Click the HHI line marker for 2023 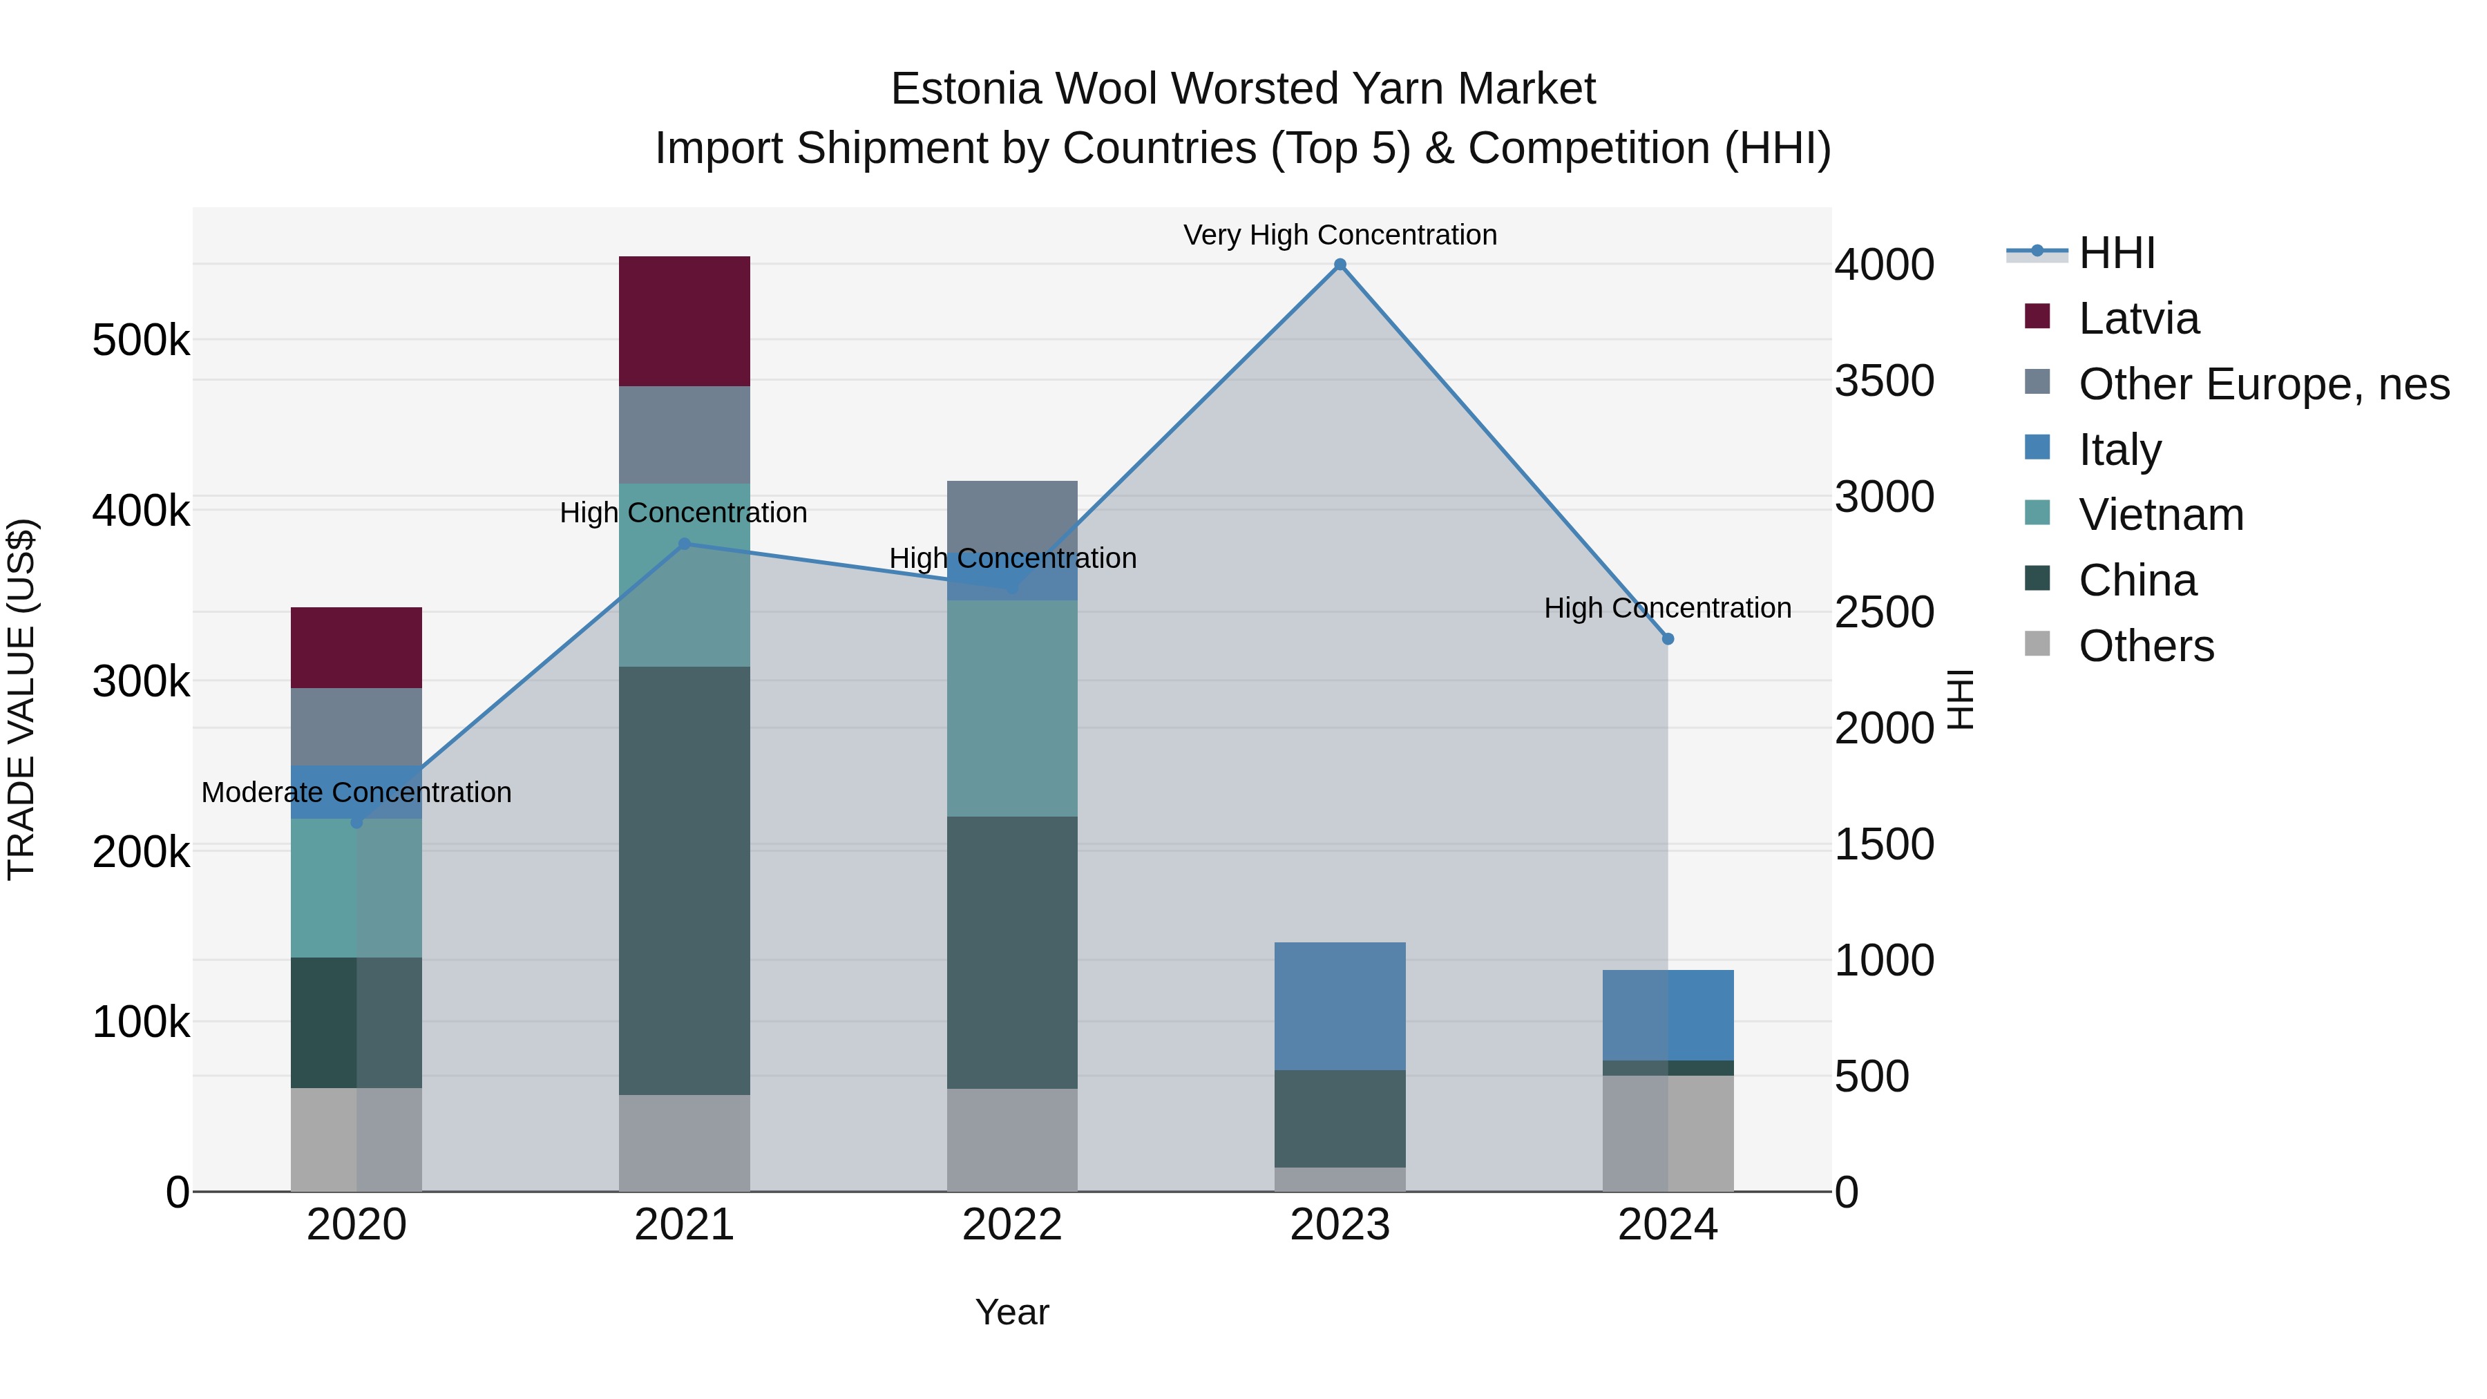tap(1340, 265)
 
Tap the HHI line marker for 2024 tap(1668, 639)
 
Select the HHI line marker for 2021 tap(685, 544)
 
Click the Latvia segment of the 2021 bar tap(685, 321)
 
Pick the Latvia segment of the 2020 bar tap(356, 648)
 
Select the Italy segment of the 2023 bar tap(1340, 1006)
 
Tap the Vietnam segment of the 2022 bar tap(1012, 709)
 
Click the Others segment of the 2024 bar tap(1668, 1134)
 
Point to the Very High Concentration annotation tap(1340, 235)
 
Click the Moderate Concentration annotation tap(356, 792)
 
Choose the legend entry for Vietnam tap(2161, 515)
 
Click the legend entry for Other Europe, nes tap(2263, 384)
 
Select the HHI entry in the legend tap(2116, 253)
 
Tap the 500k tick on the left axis tap(141, 340)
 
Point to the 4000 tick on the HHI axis tap(1884, 265)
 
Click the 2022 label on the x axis tap(1012, 1225)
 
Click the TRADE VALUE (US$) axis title tap(21, 699)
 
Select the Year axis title tap(1012, 1312)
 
